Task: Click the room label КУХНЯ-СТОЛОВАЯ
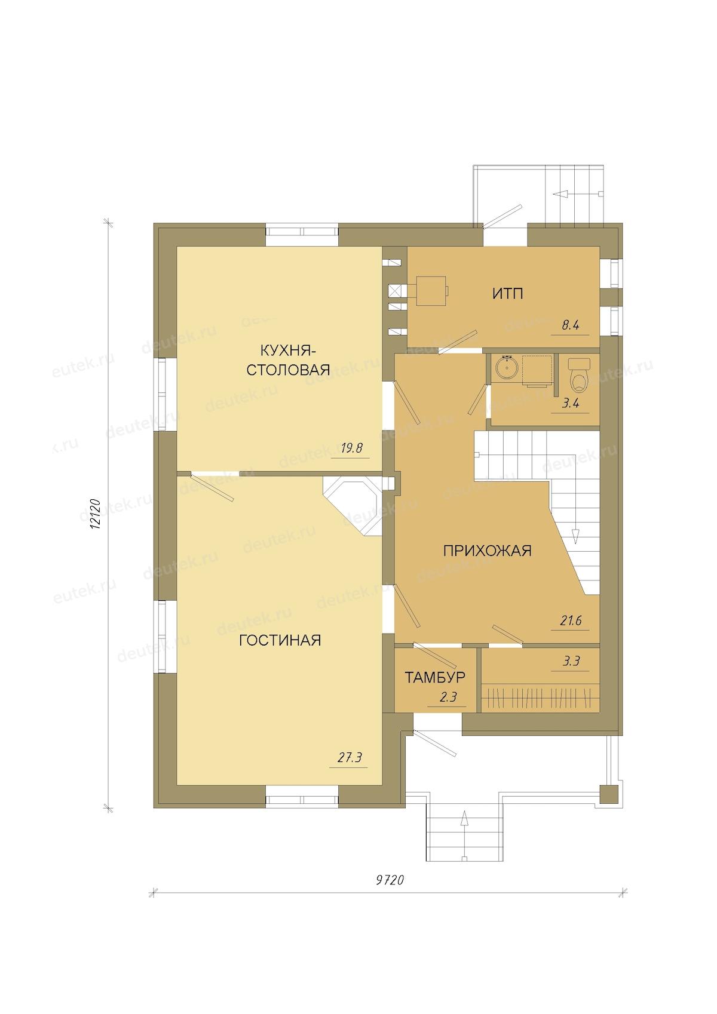coord(287,360)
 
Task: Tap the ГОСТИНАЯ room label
coord(280,640)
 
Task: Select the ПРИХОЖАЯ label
coord(487,551)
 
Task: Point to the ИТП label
coord(508,294)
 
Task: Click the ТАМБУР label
coord(435,677)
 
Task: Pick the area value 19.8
coord(351,448)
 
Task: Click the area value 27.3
coord(350,757)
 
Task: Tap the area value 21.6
coord(571,620)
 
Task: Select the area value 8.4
coord(570,325)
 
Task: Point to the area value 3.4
coord(571,403)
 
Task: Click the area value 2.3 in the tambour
coord(448,697)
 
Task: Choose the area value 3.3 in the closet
coord(571,661)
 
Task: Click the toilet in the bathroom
coord(580,375)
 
